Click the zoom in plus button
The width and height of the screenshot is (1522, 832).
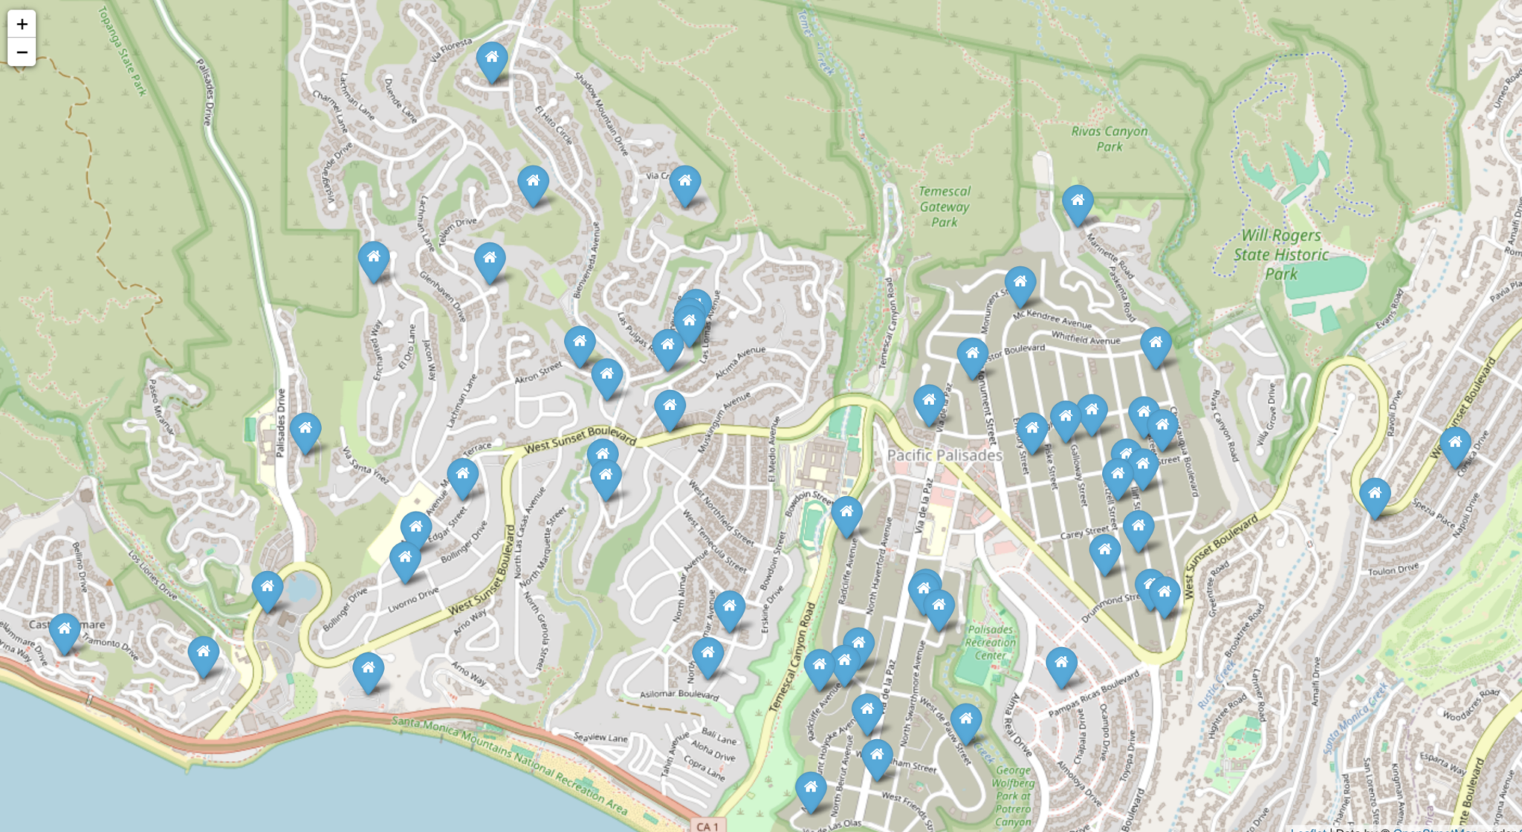click(22, 24)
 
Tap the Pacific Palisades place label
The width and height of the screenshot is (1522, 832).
click(945, 455)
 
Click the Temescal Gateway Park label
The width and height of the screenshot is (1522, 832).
click(945, 207)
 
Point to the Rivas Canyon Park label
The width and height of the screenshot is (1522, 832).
click(1110, 138)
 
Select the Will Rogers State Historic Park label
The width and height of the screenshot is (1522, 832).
click(1281, 254)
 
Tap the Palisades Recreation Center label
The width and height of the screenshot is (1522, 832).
click(991, 643)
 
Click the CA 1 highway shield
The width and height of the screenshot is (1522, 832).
click(707, 825)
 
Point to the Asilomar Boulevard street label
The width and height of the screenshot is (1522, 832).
click(679, 695)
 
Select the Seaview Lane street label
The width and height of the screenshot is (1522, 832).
click(600, 737)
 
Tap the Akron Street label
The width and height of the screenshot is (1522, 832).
click(539, 373)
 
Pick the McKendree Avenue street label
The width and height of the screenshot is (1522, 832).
click(1052, 319)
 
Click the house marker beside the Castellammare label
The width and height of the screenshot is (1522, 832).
click(65, 632)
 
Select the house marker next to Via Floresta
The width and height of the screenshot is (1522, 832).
click(491, 60)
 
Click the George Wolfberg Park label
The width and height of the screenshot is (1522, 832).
click(1013, 795)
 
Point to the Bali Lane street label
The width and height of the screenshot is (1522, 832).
click(719, 736)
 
